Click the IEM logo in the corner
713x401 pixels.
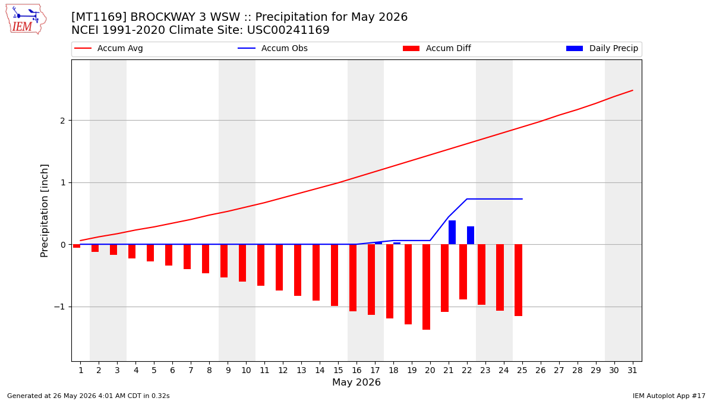pyautogui.click(x=26, y=20)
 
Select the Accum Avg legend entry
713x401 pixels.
pyautogui.click(x=109, y=48)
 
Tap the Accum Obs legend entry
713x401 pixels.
pyautogui.click(x=273, y=48)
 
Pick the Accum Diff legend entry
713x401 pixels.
pyautogui.click(x=437, y=48)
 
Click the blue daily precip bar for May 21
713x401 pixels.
pyautogui.click(x=452, y=232)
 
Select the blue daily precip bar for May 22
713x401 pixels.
pyautogui.click(x=471, y=235)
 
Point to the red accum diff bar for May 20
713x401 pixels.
pyautogui.click(x=427, y=287)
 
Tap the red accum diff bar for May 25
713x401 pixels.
pyautogui.click(x=519, y=280)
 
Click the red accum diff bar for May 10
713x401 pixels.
pyautogui.click(x=242, y=263)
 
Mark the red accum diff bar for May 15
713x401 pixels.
pyautogui.click(x=335, y=275)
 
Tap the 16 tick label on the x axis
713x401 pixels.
pyautogui.click(x=356, y=370)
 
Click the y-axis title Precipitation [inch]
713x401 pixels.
pyautogui.click(x=44, y=211)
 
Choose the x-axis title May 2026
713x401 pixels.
pyautogui.click(x=356, y=382)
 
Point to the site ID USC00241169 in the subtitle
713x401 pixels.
pyautogui.click(x=288, y=30)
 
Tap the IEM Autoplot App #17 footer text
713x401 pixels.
pyautogui.click(x=669, y=396)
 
